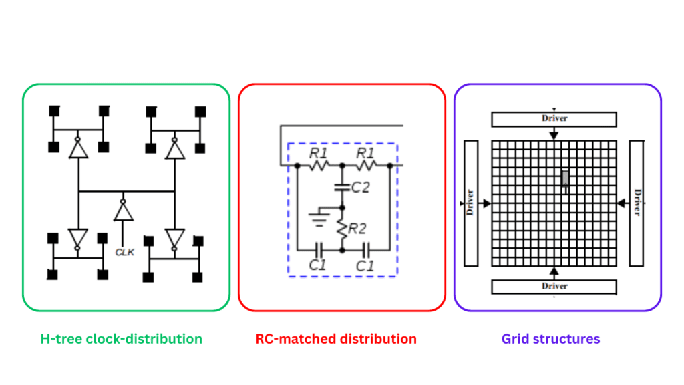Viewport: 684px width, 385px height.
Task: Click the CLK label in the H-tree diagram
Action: coord(125,253)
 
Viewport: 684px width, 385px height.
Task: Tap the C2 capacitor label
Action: coord(360,187)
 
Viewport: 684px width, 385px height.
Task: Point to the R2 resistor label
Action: coord(359,229)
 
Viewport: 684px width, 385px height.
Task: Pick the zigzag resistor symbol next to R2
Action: coord(342,229)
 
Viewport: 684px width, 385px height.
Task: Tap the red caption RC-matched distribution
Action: coord(336,339)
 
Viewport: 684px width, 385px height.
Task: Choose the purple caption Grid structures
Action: coord(550,339)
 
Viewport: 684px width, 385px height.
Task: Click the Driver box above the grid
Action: coord(554,119)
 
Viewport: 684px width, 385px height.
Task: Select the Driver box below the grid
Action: coord(554,287)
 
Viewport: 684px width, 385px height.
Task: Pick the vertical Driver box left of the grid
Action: coord(471,202)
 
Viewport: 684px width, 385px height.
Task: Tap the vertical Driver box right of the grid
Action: coord(637,202)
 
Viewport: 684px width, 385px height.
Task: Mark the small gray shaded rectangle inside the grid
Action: coord(566,178)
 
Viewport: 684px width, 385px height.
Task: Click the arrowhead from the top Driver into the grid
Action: coord(554,136)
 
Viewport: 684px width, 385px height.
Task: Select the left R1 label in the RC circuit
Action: coord(318,153)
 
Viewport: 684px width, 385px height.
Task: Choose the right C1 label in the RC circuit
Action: coord(364,265)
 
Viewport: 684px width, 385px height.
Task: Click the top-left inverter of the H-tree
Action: coord(79,148)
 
